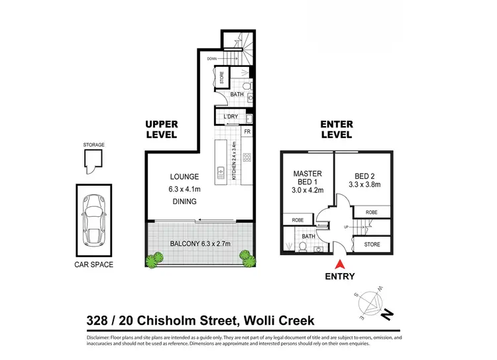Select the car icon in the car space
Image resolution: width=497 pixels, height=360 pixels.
coord(93,219)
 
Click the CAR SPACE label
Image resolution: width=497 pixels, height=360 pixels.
coord(93,265)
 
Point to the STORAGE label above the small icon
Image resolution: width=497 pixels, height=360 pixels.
coord(93,144)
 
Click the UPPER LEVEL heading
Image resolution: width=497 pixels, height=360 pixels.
coord(161,129)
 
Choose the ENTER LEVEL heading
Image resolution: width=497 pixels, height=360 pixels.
coord(336,129)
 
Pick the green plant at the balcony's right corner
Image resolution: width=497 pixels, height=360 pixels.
coord(248,257)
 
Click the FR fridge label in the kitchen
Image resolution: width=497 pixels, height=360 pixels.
coord(247,132)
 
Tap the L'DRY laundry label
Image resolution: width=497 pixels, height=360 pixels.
coord(231,117)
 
